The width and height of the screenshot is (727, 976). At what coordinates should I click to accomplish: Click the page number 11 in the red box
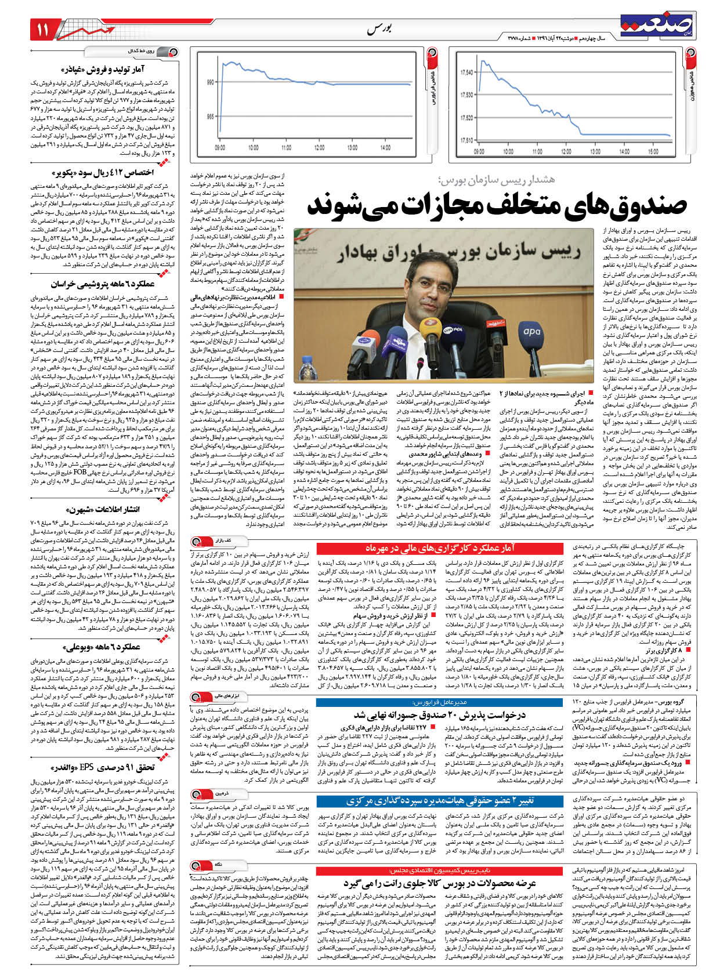tap(44, 30)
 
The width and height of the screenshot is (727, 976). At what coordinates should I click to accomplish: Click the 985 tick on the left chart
tap(209, 116)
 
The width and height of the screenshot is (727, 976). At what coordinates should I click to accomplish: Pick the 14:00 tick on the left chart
tap(385, 148)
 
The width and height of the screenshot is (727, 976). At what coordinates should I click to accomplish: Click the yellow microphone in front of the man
tap(430, 325)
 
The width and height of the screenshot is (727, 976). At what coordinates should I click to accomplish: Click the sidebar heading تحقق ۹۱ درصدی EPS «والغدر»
tap(104, 768)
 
